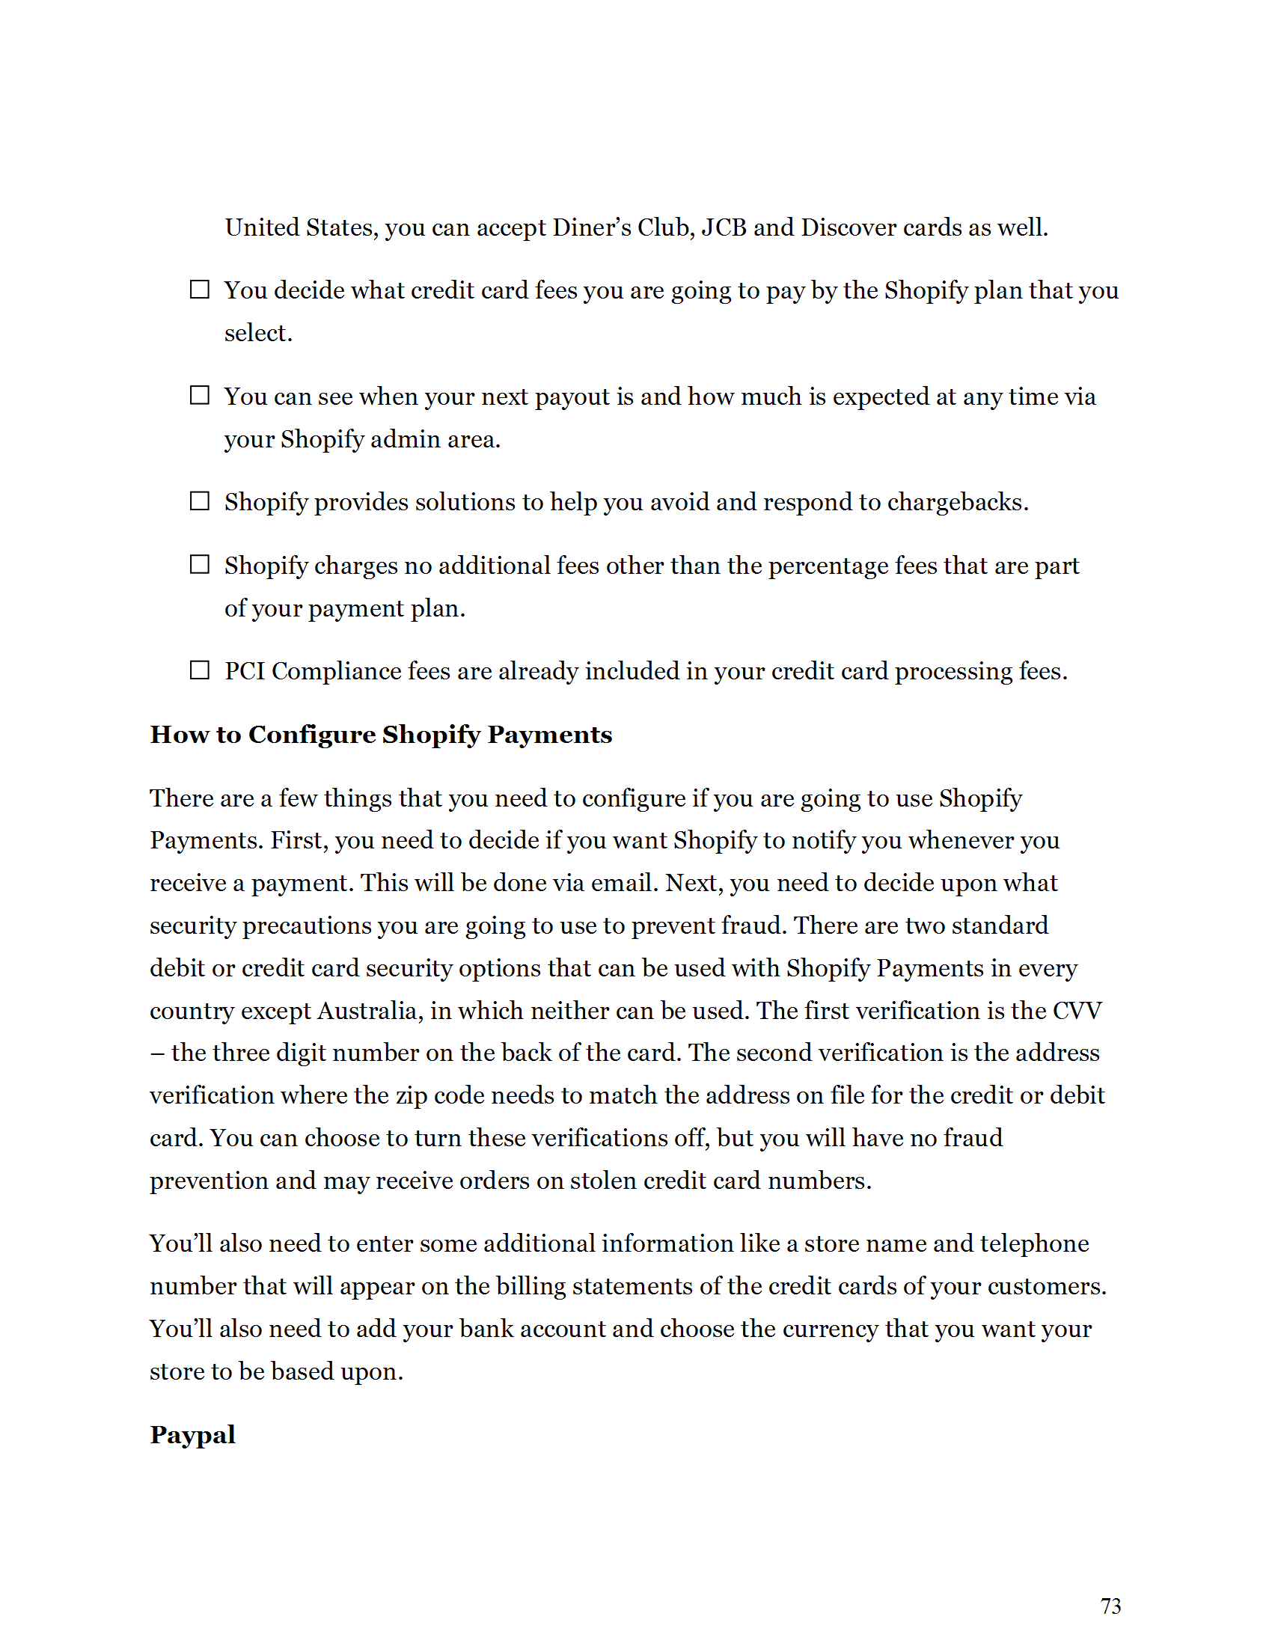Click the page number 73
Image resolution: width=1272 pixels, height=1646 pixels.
[x=1110, y=1606]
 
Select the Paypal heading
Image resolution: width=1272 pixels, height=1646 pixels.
[x=192, y=1434]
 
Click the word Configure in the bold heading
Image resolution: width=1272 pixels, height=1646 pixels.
[x=311, y=734]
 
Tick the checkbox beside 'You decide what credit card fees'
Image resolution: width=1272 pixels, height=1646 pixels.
[x=199, y=290]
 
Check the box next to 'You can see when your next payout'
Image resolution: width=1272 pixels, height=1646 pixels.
[x=199, y=395]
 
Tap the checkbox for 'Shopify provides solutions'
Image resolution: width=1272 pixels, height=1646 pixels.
[x=199, y=501]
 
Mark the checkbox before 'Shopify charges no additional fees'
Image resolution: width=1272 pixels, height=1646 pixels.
[x=199, y=564]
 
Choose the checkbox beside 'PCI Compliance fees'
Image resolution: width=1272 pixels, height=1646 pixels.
[x=199, y=670]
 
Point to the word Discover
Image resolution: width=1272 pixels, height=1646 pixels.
[x=848, y=227]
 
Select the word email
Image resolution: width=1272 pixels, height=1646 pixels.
[x=625, y=884]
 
